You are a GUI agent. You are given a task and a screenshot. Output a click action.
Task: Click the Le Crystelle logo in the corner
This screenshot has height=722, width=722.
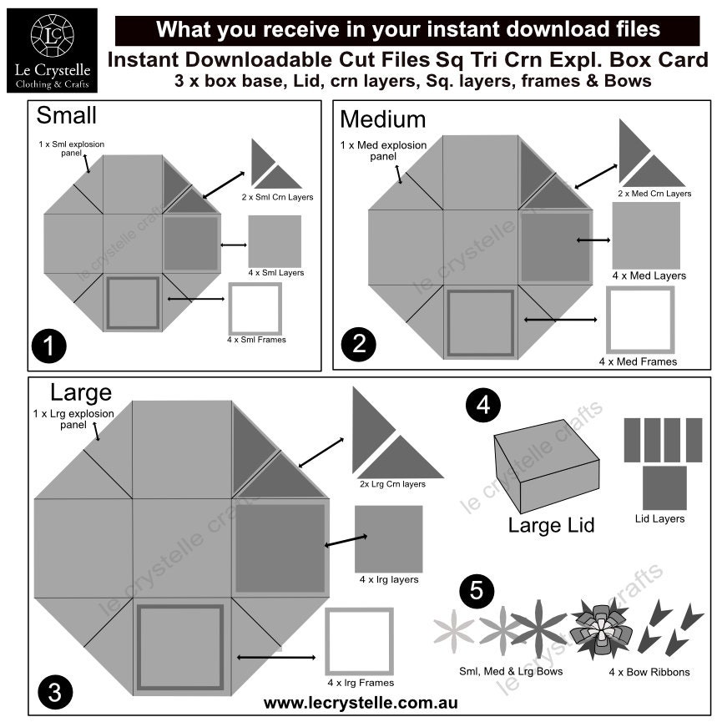[x=51, y=50]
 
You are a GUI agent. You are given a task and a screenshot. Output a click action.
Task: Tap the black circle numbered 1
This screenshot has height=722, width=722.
[x=50, y=346]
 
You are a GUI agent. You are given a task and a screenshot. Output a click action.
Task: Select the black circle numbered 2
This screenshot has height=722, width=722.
[x=358, y=345]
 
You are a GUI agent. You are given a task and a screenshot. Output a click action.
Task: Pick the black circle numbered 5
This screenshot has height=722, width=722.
[x=477, y=592]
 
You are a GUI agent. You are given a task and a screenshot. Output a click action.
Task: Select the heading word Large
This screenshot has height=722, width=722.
[x=82, y=391]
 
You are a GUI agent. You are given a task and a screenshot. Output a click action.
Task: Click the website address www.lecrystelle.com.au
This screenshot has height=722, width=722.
[x=361, y=703]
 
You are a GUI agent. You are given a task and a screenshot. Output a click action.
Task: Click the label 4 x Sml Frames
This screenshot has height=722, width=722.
[x=256, y=340]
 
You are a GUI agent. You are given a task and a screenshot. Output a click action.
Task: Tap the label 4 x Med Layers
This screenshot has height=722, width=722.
[x=649, y=275]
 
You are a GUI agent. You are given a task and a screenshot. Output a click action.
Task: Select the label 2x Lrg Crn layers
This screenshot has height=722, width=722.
[x=392, y=484]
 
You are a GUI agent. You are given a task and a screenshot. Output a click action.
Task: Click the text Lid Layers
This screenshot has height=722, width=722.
[x=659, y=518]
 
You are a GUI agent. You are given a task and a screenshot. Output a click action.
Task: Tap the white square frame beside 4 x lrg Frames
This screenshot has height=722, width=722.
[x=359, y=640]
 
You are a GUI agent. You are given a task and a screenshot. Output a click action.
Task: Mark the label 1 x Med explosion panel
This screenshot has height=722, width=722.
[x=384, y=150]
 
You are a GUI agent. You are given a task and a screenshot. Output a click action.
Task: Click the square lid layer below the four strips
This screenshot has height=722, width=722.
[x=664, y=487]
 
